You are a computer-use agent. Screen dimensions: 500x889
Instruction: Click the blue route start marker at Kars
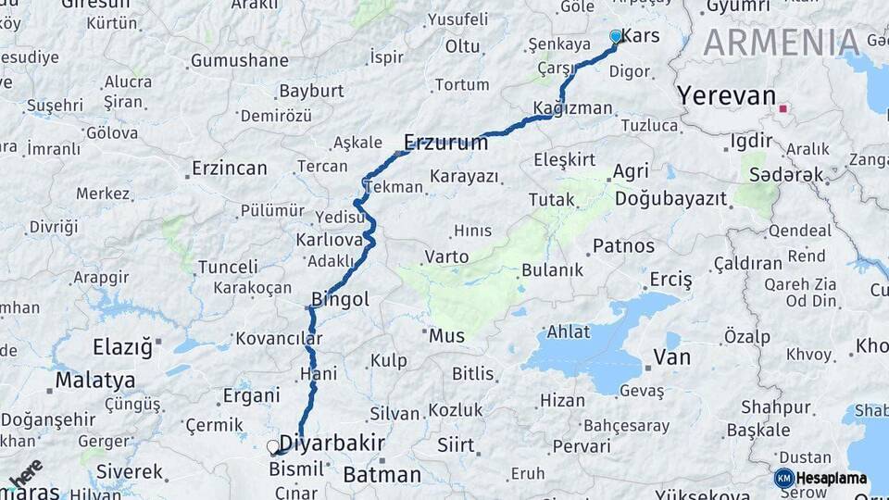[616, 36]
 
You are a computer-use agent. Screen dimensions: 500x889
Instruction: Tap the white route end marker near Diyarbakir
[273, 446]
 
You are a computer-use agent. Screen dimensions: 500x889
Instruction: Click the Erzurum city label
[445, 143]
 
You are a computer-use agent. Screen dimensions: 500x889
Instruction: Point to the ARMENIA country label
[782, 42]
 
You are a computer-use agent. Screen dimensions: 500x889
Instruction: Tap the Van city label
[671, 357]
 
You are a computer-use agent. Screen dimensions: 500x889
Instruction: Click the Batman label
[382, 475]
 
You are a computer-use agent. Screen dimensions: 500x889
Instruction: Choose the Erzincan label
[229, 169]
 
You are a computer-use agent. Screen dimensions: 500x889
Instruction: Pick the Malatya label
[94, 380]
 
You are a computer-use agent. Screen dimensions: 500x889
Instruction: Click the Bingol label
[340, 299]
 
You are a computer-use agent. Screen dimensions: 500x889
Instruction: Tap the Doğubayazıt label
[670, 199]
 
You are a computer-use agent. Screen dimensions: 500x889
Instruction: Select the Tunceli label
[228, 267]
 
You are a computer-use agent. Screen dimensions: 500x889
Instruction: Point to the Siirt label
[456, 445]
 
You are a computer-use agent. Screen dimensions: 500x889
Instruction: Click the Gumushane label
[239, 61]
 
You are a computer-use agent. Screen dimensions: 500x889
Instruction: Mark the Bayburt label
[311, 91]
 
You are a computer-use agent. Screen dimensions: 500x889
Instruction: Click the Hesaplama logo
[820, 478]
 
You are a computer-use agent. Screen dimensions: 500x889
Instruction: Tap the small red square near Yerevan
[783, 108]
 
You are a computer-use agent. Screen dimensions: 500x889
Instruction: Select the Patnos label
[623, 246]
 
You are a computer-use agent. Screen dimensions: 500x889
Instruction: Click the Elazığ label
[121, 348]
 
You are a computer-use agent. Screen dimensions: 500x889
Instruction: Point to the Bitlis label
[472, 374]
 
